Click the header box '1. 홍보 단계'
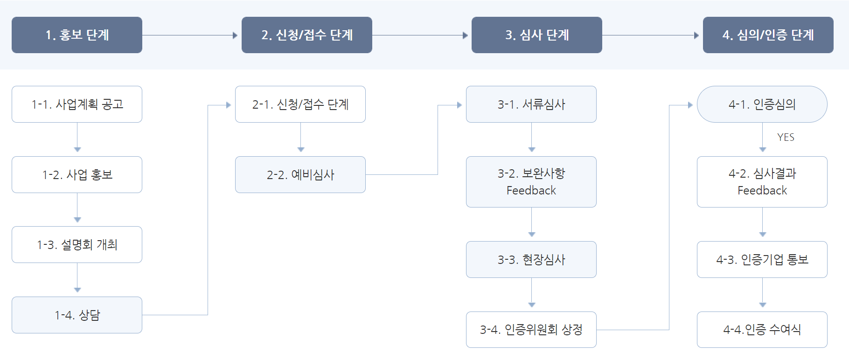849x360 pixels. pyautogui.click(x=77, y=35)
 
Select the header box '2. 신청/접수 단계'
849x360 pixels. pyautogui.click(x=307, y=35)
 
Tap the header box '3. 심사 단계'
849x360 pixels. pyautogui.click(x=537, y=35)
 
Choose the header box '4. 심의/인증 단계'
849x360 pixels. pyautogui.click(x=768, y=35)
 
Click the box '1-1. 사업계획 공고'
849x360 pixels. pyautogui.click(x=77, y=104)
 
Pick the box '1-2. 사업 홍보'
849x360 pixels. pyautogui.click(x=77, y=174)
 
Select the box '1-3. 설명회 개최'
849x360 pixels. pyautogui.click(x=77, y=244)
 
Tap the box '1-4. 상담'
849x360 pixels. pyautogui.click(x=77, y=315)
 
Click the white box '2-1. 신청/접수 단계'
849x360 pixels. pyautogui.click(x=300, y=104)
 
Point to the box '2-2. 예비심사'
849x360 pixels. pyautogui.click(x=300, y=174)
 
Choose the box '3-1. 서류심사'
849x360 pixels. pyautogui.click(x=531, y=104)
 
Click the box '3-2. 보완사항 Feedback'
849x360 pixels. pyautogui.click(x=531, y=182)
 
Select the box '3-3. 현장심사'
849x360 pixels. pyautogui.click(x=531, y=259)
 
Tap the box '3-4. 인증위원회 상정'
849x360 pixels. pyautogui.click(x=531, y=330)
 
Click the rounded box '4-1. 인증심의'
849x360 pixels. pyautogui.click(x=762, y=104)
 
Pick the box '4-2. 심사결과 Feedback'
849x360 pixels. pyautogui.click(x=762, y=182)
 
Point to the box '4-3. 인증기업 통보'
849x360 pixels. pyautogui.click(x=762, y=259)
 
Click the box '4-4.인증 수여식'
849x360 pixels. pyautogui.click(x=762, y=330)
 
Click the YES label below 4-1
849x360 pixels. pyautogui.click(x=786, y=137)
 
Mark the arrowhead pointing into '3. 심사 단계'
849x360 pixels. pyautogui.click(x=465, y=35)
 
